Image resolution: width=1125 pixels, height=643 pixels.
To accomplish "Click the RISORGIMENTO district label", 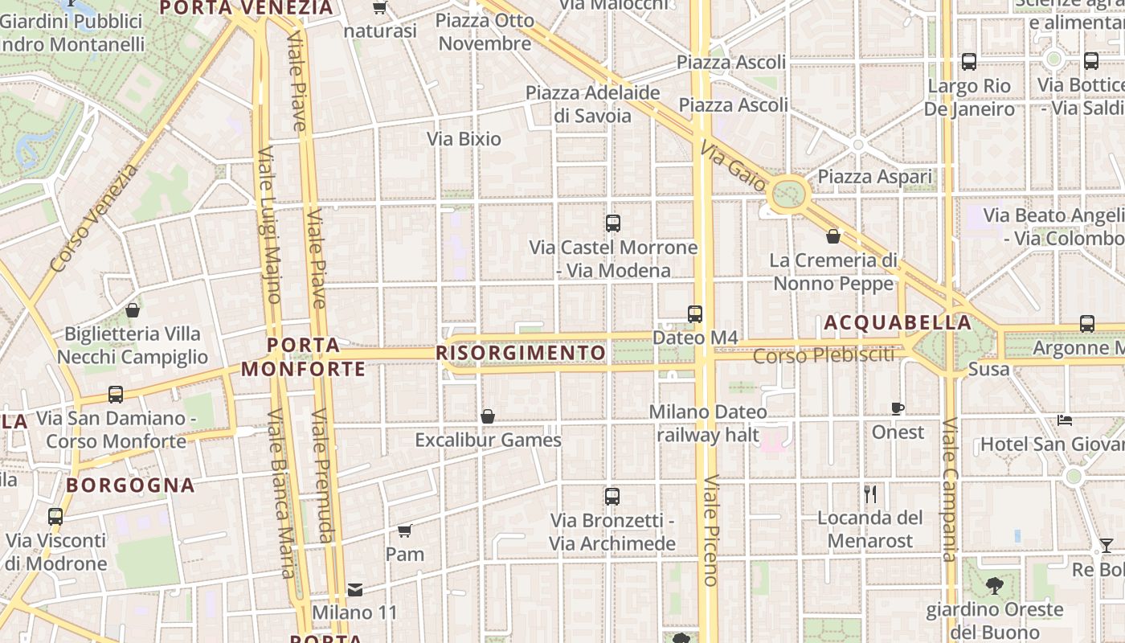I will (521, 353).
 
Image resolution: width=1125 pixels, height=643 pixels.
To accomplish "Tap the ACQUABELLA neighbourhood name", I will (898, 323).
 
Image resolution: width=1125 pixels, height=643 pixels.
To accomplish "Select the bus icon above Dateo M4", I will (695, 314).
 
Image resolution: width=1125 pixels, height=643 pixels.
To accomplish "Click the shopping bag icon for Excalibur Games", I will (487, 416).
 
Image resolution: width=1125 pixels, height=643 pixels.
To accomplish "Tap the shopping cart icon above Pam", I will (405, 530).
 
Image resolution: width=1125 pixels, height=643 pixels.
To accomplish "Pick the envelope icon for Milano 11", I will (354, 590).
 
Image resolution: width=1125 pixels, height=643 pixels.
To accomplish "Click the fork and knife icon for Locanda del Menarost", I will (870, 494).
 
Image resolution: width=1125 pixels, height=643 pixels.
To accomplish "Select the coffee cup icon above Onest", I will (898, 409).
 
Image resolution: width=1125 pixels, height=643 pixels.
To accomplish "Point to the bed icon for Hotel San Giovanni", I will (1065, 420).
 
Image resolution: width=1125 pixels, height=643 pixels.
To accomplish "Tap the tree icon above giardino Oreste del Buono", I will (995, 586).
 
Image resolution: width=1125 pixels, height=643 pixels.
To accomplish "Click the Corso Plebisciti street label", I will (824, 354).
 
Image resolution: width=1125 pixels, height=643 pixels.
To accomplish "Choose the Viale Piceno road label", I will (710, 530).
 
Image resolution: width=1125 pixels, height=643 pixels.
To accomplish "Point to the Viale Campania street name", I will (949, 490).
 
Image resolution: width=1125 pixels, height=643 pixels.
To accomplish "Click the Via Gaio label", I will (733, 167).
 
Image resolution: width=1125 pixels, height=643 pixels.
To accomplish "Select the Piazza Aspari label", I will (875, 177).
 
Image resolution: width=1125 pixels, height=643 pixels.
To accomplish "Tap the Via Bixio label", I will (464, 139).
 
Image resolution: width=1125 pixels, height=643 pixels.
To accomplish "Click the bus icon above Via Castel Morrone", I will (613, 223).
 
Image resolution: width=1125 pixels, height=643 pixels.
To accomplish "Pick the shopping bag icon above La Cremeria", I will (833, 236).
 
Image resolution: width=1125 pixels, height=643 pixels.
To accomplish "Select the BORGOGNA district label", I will (130, 485).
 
